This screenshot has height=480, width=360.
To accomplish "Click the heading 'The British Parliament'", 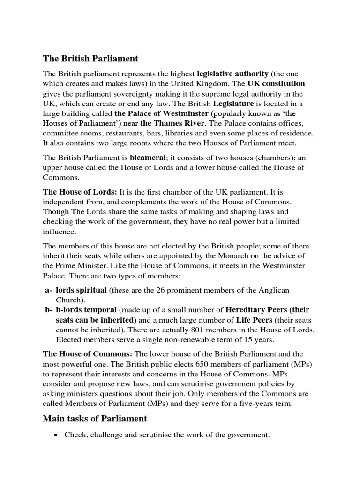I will tap(90, 59).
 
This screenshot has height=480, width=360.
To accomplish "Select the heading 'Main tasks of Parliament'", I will tap(95, 419).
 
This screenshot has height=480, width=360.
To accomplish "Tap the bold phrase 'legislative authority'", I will tap(232, 74).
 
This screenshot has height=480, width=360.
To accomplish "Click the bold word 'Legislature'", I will tap(233, 104).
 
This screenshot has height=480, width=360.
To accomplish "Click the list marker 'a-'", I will tap(48, 291).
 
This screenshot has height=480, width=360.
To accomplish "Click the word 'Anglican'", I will tap(292, 291).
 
